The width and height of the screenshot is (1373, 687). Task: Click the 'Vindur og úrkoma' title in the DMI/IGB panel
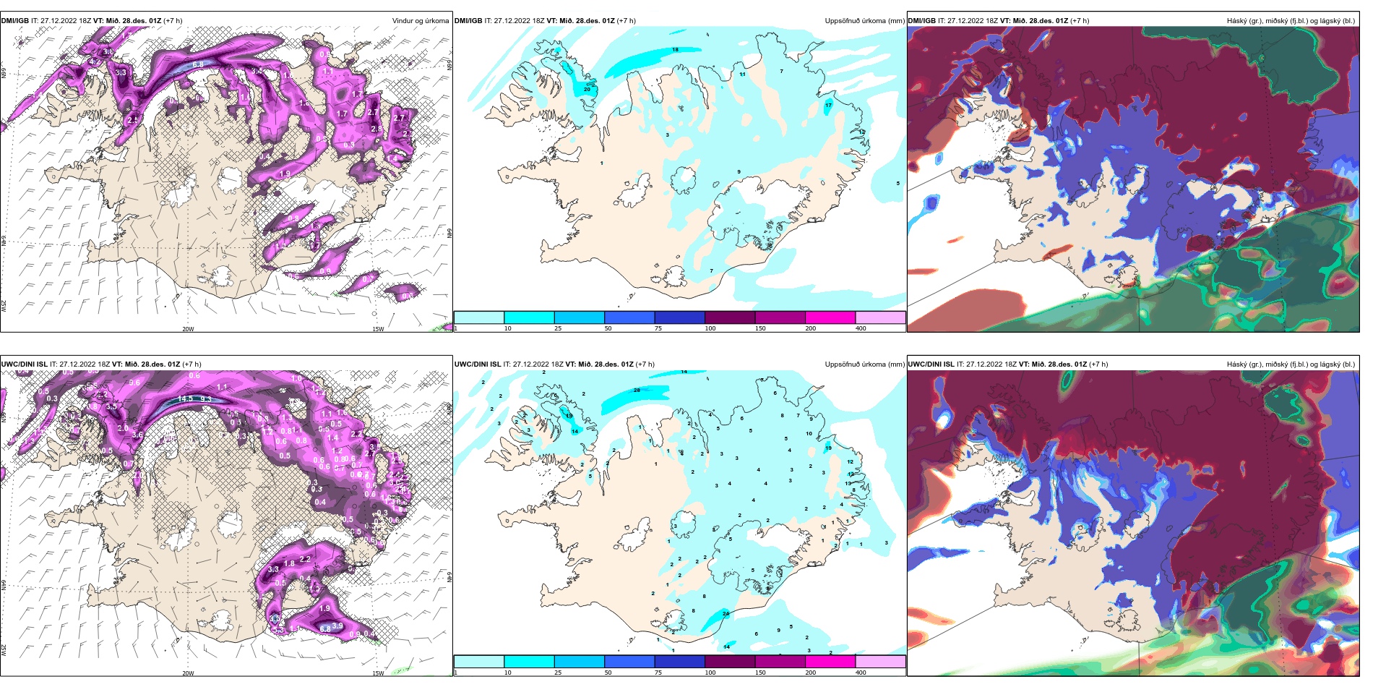click(420, 21)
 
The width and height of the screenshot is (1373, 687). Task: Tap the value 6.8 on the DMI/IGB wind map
click(197, 64)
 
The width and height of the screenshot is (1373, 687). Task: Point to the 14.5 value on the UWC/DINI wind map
click(185, 398)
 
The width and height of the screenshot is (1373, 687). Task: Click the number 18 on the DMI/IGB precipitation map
click(676, 50)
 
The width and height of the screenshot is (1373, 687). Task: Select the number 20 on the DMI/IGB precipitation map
click(587, 89)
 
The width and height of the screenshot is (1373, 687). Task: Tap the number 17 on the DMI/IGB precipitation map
click(828, 105)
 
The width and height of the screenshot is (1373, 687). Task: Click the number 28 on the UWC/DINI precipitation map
click(637, 391)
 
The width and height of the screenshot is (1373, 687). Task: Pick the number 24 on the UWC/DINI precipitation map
click(726, 614)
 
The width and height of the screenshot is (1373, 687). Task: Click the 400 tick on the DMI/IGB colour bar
click(861, 328)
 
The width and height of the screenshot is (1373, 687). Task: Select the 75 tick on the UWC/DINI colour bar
click(658, 673)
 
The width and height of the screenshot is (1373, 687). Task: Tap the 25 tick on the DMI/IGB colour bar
click(558, 328)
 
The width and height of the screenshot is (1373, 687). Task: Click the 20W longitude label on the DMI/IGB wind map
click(188, 329)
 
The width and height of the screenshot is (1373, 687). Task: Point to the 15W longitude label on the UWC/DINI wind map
click(377, 673)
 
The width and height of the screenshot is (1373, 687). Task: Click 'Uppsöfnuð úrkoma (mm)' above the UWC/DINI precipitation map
click(864, 364)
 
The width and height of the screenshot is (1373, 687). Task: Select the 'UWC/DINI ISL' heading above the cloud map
click(931, 364)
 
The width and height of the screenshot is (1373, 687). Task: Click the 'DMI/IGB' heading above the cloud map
click(921, 21)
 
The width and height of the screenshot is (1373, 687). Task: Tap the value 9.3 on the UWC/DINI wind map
click(206, 399)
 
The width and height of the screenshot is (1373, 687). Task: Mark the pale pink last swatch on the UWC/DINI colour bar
click(880, 661)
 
